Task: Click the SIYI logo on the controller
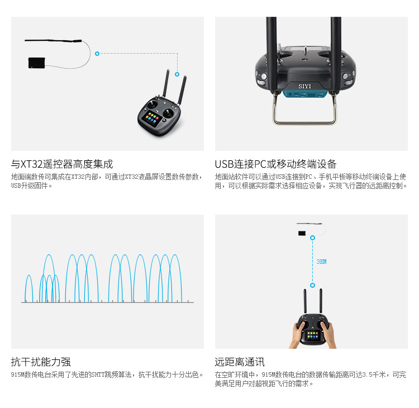click(304, 86)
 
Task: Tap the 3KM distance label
click(321, 262)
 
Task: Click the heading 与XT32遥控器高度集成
click(62, 164)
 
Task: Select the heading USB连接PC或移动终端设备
click(275, 164)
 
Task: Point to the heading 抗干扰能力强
click(41, 362)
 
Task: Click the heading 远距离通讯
click(240, 362)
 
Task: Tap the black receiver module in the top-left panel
click(37, 63)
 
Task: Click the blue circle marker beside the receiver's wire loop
click(97, 54)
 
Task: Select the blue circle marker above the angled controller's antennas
click(177, 74)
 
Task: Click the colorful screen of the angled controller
click(151, 117)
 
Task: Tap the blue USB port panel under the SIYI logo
click(305, 94)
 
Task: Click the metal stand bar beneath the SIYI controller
click(304, 122)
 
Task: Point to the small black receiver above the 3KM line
click(302, 233)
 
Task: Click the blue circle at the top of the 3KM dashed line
click(312, 238)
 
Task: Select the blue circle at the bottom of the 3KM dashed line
click(312, 285)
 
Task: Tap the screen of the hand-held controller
click(313, 335)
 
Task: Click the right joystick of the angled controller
click(168, 112)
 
